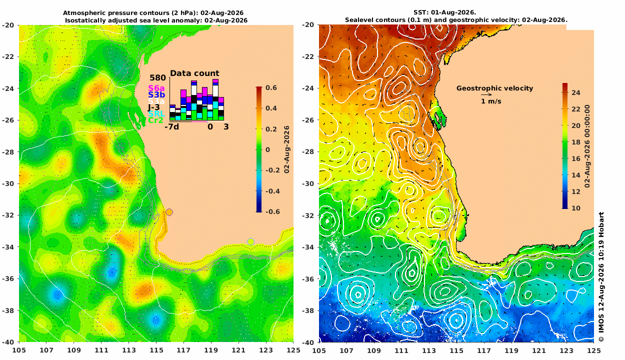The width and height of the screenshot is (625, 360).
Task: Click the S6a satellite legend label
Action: pyautogui.click(x=156, y=88)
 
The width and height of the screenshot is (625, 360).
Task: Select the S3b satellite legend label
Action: pyautogui.click(x=156, y=95)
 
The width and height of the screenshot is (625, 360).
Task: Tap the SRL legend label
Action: pyautogui.click(x=156, y=114)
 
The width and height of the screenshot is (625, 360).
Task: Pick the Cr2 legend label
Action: pyautogui.click(x=155, y=120)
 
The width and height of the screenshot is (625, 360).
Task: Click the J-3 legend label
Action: pyautogui.click(x=153, y=107)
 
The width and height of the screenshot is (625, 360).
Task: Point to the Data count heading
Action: pyautogui.click(x=194, y=73)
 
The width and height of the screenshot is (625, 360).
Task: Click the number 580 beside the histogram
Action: pyautogui.click(x=157, y=78)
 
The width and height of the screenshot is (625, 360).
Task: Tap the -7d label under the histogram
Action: pyautogui.click(x=171, y=127)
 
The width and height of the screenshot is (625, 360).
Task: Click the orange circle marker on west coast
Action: pyautogui.click(x=169, y=212)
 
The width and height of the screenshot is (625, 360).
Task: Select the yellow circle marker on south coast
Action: pyautogui.click(x=250, y=241)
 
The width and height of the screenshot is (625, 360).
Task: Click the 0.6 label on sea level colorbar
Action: pyautogui.click(x=271, y=87)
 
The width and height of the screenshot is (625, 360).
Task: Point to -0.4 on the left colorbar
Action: pyautogui.click(x=272, y=191)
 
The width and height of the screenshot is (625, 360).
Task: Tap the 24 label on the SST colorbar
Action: pyautogui.click(x=576, y=92)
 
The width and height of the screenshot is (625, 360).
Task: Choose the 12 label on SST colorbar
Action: pyautogui.click(x=576, y=191)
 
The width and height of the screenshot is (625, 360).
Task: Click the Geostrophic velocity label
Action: pyautogui.click(x=494, y=88)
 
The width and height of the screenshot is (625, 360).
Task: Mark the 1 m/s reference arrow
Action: pyautogui.click(x=486, y=94)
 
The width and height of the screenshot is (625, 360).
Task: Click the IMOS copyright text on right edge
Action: pyautogui.click(x=601, y=276)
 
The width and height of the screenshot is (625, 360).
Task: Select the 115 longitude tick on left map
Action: pyautogui.click(x=156, y=350)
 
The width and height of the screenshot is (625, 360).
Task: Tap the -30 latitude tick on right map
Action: pyautogui.click(x=308, y=183)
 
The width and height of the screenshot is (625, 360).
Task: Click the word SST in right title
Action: pyautogui.click(x=419, y=12)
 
